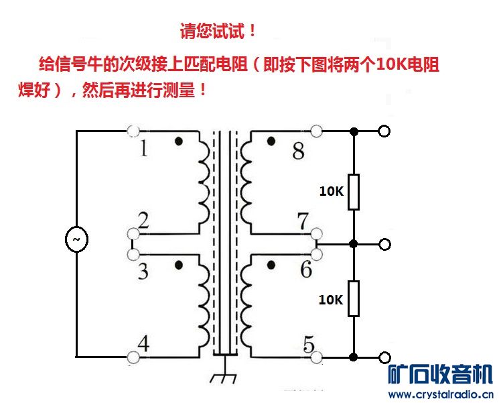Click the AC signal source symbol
[76, 239]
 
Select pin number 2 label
[143, 219]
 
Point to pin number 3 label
[143, 272]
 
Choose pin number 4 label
[143, 343]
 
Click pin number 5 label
[308, 345]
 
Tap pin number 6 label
[305, 270]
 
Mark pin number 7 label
[303, 220]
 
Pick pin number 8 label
[298, 152]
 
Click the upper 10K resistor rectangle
[354, 192]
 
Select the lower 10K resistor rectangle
[354, 298]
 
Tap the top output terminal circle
[384, 131]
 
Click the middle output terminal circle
[384, 244]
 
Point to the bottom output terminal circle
[384, 357]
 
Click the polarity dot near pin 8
[271, 141]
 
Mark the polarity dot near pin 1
[179, 141]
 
